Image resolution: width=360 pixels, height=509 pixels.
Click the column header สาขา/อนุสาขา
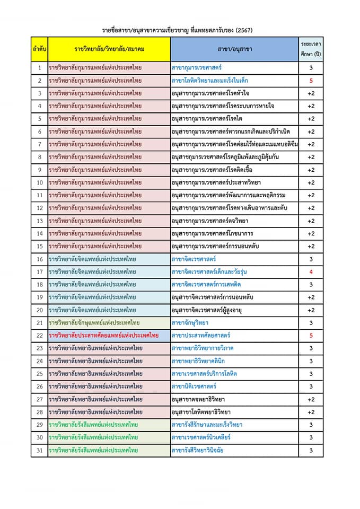(234, 49)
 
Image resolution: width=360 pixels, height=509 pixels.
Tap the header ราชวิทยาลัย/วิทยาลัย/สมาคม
(109, 49)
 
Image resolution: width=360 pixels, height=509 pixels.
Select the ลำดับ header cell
(39, 49)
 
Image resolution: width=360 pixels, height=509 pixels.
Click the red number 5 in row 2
(311, 81)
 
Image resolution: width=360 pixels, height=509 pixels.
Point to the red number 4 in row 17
(311, 272)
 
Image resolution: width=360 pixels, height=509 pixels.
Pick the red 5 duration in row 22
(311, 336)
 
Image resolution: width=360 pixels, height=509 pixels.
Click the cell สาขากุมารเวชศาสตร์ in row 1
(197, 68)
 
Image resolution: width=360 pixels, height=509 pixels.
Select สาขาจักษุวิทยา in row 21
(190, 323)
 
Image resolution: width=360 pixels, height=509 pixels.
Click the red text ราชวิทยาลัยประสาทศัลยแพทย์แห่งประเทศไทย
(103, 336)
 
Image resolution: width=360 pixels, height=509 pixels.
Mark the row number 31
(39, 451)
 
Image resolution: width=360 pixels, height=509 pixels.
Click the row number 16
(39, 259)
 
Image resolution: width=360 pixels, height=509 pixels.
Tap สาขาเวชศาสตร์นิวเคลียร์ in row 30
(201, 438)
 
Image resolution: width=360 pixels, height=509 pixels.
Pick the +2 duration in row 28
(311, 412)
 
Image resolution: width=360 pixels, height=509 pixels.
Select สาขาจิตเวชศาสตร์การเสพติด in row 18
(205, 285)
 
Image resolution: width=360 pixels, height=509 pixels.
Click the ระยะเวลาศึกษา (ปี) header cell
(311, 49)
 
